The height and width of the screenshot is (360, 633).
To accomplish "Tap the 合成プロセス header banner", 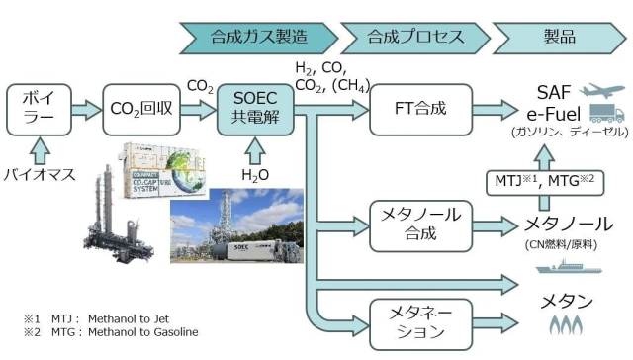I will (x=414, y=38).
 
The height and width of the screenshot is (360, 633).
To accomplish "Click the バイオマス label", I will (x=40, y=174).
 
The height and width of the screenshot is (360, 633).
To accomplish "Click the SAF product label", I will (x=558, y=90).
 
